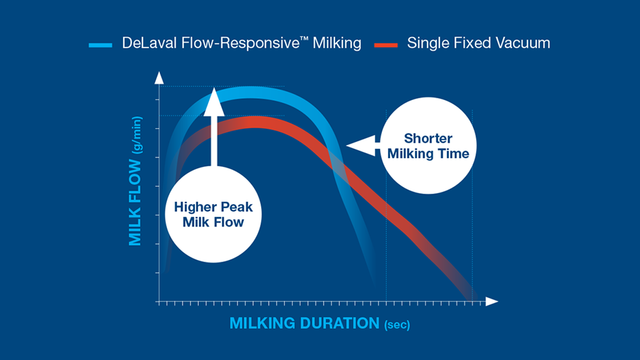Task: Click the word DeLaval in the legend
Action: tap(145, 43)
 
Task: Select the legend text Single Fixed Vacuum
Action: tap(478, 43)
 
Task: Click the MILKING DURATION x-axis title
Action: tap(304, 323)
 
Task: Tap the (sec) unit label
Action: tap(397, 325)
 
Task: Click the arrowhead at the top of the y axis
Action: tap(158, 78)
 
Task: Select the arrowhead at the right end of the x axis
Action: tap(492, 302)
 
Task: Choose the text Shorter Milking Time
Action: tap(428, 146)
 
